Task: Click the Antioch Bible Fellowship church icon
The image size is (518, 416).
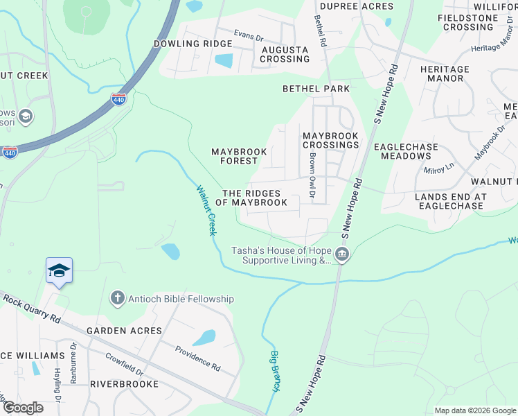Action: [117, 299]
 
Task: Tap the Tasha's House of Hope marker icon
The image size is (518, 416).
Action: [341, 255]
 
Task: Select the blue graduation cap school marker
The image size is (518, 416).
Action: [59, 270]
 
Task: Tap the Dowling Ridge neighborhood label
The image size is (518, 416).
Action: [184, 43]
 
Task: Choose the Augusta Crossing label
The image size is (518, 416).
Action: [285, 55]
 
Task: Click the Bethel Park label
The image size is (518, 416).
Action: [316, 89]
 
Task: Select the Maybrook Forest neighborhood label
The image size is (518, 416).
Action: [234, 156]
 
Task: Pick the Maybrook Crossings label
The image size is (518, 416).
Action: [330, 140]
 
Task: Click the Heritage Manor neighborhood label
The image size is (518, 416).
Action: [444, 73]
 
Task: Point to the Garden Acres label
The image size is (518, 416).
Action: [124, 331]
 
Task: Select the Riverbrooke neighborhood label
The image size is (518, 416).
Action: [124, 383]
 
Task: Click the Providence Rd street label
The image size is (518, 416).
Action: [197, 358]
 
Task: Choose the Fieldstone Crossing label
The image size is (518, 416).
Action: [468, 22]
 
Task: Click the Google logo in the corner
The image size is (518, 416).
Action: [22, 408]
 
